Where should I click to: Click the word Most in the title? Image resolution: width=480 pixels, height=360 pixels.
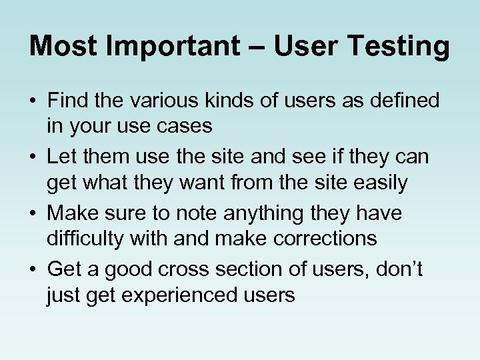click(x=63, y=46)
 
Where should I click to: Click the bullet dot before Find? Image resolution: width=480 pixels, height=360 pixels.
click(x=33, y=102)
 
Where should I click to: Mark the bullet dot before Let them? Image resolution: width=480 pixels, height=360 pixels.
click(x=33, y=157)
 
